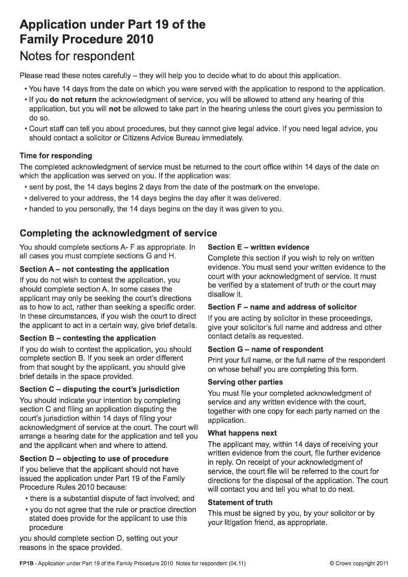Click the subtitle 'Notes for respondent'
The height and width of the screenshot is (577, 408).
pyautogui.click(x=77, y=56)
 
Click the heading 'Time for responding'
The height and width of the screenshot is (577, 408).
pyautogui.click(x=56, y=156)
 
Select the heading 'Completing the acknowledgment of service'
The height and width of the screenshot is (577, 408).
pyautogui.click(x=118, y=233)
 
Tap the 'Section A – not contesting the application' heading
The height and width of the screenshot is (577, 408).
pyautogui.click(x=94, y=269)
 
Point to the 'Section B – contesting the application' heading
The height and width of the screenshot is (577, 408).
pyautogui.click(x=87, y=338)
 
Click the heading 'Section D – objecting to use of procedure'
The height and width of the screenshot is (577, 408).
pyautogui.click(x=93, y=458)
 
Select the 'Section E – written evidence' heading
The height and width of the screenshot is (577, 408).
pyautogui.click(x=258, y=247)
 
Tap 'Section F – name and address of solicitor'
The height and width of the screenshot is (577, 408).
pyautogui.click(x=282, y=307)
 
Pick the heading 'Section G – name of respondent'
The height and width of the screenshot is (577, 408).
pyautogui.click(x=265, y=349)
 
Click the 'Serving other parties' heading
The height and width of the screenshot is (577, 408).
pyautogui.click(x=245, y=382)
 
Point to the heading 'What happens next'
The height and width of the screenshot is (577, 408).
pyautogui.click(x=242, y=433)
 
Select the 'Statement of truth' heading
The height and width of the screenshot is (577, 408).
pyautogui.click(x=240, y=502)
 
